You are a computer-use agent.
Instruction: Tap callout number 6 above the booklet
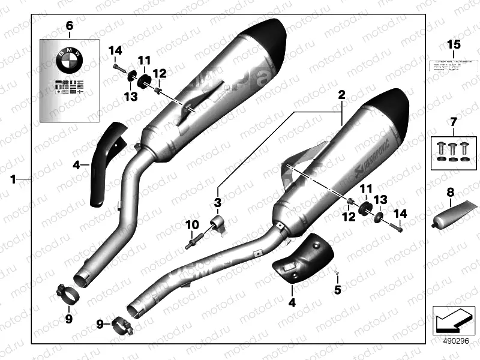(68, 26)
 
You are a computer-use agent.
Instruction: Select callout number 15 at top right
(453, 45)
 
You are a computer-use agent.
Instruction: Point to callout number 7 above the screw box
(453, 124)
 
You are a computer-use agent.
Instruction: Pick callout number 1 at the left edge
(13, 179)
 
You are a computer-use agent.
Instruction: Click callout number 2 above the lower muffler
(341, 95)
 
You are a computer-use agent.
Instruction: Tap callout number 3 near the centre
(217, 202)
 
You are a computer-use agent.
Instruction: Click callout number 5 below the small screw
(337, 290)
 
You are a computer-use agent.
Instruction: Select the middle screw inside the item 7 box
(453, 149)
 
